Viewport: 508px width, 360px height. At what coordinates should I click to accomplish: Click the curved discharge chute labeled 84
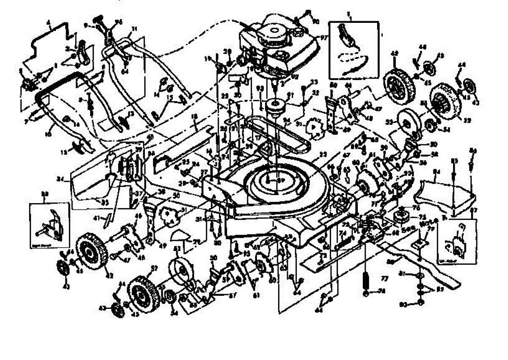point(444,195)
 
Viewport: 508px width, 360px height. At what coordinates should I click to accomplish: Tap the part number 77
point(384,279)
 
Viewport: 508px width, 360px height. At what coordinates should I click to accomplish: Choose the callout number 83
point(403,304)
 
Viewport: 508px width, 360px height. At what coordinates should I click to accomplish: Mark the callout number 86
point(473,150)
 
